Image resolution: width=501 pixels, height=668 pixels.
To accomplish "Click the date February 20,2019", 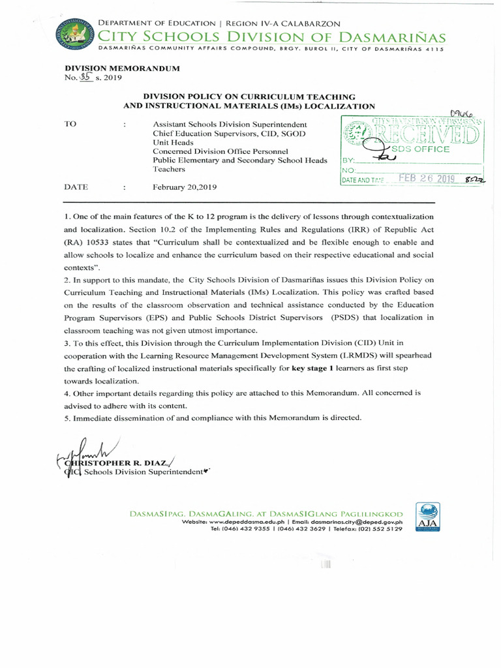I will (x=185, y=187).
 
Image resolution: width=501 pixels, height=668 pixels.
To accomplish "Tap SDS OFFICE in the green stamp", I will (x=424, y=149).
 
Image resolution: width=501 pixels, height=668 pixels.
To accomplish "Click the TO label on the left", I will (x=71, y=123).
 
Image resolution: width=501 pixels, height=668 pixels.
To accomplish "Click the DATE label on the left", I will (x=76, y=187).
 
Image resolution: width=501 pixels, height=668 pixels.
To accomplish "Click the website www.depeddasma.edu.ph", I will (x=246, y=523).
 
